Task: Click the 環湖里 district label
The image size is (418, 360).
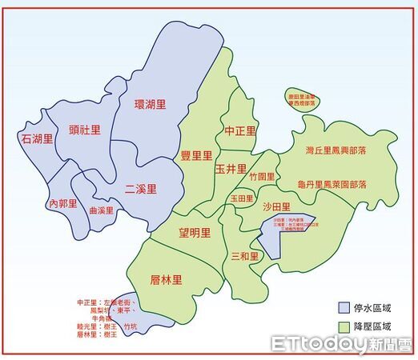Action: point(151,104)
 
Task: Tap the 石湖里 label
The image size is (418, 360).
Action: point(37,139)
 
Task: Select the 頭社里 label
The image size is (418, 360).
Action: point(85,130)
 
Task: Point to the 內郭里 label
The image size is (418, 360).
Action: point(65,204)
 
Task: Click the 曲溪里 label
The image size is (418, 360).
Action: point(101,211)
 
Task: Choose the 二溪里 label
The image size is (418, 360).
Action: point(141,190)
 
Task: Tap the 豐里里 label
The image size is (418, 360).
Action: point(196,156)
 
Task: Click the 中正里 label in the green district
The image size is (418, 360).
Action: point(240,131)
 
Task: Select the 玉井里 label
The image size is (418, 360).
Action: point(231,169)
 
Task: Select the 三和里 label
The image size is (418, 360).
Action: point(245,256)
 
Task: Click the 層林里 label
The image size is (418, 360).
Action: point(167,279)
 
